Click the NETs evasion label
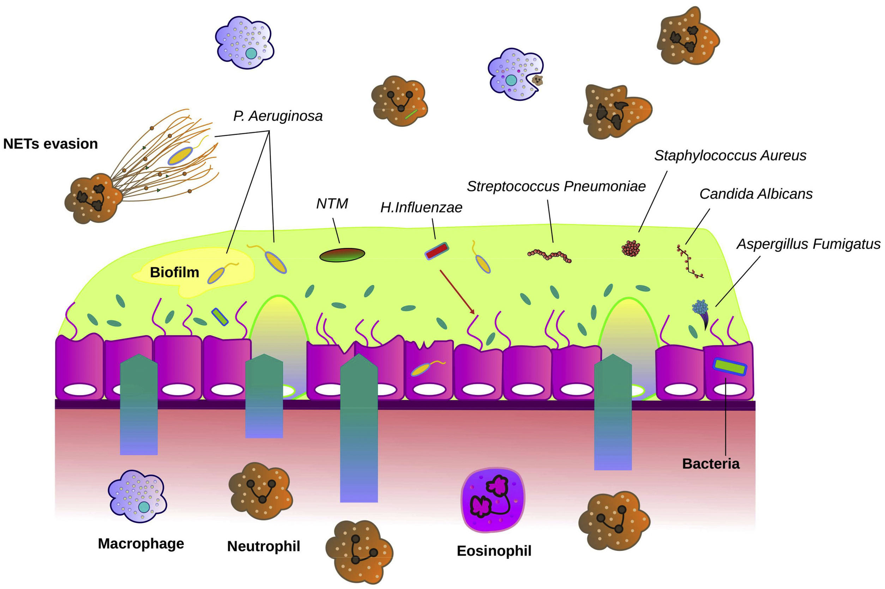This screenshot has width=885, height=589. pyautogui.click(x=50, y=144)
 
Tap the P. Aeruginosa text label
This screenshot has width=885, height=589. pyautogui.click(x=278, y=116)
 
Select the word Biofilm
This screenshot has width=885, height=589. pyautogui.click(x=174, y=272)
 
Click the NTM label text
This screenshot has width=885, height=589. pyautogui.click(x=332, y=204)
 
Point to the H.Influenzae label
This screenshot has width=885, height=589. pyautogui.click(x=421, y=207)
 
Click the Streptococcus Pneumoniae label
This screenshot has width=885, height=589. pyautogui.click(x=556, y=186)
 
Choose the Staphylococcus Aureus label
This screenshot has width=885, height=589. pyautogui.click(x=730, y=155)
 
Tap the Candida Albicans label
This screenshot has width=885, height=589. pyautogui.click(x=755, y=194)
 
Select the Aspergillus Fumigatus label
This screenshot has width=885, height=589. pyautogui.click(x=808, y=244)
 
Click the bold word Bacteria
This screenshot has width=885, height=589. pyautogui.click(x=711, y=464)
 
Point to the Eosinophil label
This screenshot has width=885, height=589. pyautogui.click(x=494, y=551)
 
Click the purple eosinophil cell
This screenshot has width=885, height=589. pyautogui.click(x=493, y=499)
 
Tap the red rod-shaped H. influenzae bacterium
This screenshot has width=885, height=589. pyautogui.click(x=437, y=251)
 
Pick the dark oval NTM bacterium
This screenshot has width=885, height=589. pyautogui.click(x=342, y=255)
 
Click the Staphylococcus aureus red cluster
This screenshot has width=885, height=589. pyautogui.click(x=631, y=248)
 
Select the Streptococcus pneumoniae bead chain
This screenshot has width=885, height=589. pyautogui.click(x=550, y=256)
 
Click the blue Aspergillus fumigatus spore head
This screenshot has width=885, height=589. pyautogui.click(x=700, y=307)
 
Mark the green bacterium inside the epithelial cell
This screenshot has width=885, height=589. pyautogui.click(x=729, y=367)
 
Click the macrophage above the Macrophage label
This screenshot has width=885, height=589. pyautogui.click(x=137, y=496)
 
